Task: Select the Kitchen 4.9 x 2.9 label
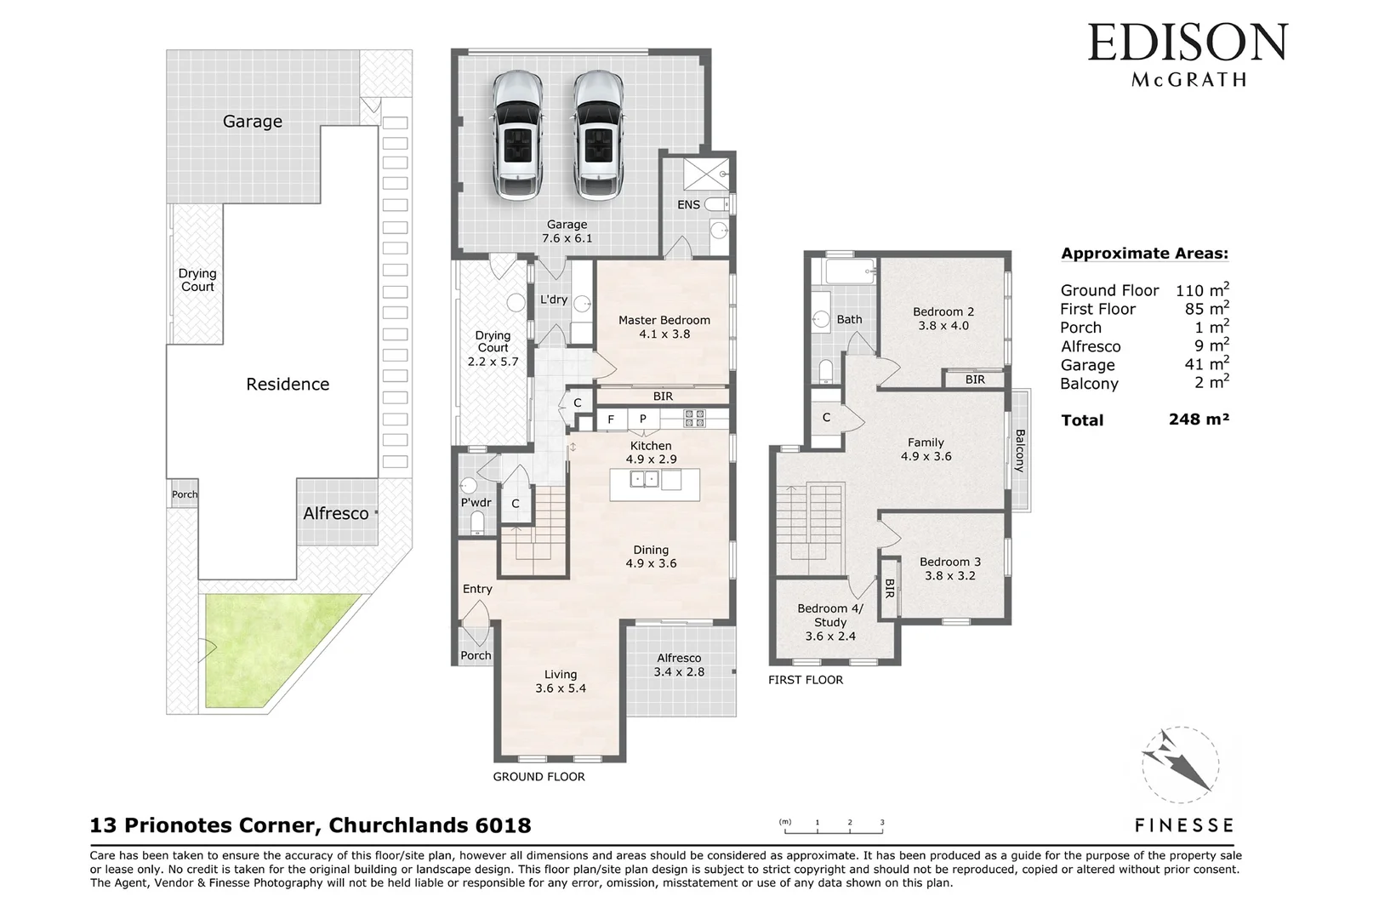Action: coord(651,452)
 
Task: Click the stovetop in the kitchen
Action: coord(695,419)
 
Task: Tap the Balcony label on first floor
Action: coord(1019,451)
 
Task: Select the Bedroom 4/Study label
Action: coord(829,622)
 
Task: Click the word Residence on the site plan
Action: coord(288,384)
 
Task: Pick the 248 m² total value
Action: coord(1199,419)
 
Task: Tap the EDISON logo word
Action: coord(1188,43)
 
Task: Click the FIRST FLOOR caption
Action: coord(805,680)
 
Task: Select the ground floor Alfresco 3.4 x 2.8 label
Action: coord(679,665)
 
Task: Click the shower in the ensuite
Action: coord(706,174)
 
